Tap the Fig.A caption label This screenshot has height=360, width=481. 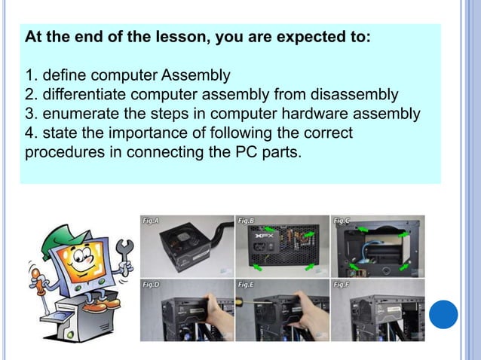click(x=150, y=221)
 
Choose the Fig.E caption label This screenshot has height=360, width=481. click(x=246, y=285)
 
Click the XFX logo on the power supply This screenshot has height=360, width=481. click(x=283, y=236)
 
